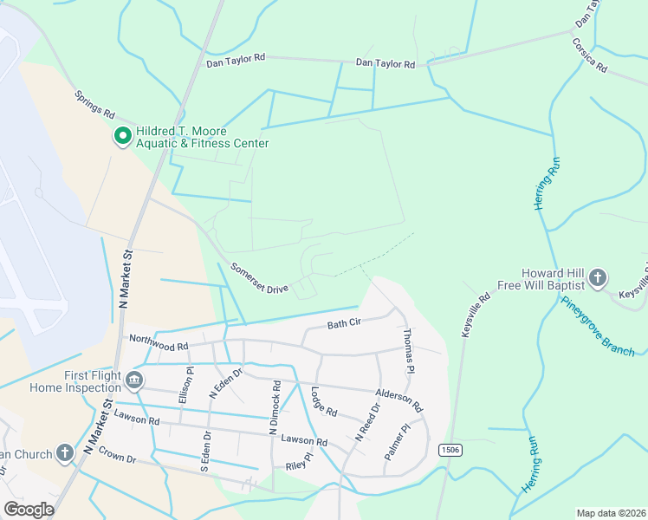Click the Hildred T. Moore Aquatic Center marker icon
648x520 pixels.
pos(122,136)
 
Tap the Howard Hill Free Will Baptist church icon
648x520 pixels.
pos(597,278)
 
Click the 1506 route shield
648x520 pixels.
pos(449,450)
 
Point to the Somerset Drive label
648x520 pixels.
pos(258,277)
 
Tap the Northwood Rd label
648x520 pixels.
pos(159,343)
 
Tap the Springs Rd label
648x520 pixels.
pos(94,105)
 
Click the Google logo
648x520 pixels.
pos(29,510)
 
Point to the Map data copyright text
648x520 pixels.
pos(612,513)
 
